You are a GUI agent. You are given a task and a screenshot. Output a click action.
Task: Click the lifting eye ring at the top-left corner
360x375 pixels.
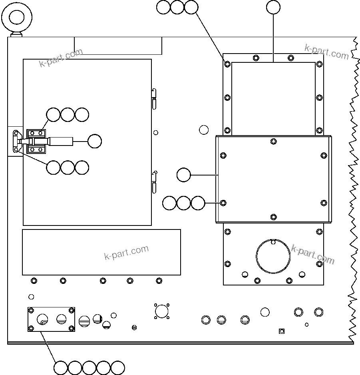pos(17,17)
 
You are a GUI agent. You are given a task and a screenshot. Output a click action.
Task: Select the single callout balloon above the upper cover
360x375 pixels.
pos(273,7)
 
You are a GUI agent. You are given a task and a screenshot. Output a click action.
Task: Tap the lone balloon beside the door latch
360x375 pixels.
pos(95,141)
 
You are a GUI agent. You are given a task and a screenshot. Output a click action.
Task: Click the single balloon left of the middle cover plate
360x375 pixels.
pos(184,175)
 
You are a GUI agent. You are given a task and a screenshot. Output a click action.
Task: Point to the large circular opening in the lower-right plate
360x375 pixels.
pos(273,256)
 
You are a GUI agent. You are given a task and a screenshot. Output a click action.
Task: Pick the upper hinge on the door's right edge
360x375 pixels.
pos(154,98)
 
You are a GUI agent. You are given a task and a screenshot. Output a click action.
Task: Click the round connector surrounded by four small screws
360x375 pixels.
pos(161,311)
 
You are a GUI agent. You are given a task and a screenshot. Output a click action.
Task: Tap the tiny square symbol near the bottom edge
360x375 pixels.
pos(281,331)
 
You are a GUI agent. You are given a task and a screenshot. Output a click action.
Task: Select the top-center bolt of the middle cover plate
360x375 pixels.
pos(273,141)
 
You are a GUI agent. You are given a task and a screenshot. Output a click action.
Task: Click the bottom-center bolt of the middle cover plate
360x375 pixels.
pos(273,217)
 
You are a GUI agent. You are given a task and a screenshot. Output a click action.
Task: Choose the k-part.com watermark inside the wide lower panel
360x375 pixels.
pos(126,252)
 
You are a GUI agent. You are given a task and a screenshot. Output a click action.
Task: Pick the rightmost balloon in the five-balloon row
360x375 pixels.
pos(118,367)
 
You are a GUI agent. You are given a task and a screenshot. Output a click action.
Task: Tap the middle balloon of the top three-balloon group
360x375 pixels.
pos(177,7)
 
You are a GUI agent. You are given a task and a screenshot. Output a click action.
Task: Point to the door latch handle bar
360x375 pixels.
pos(60,141)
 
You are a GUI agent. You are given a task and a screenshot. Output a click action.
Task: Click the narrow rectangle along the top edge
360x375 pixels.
pos(118,46)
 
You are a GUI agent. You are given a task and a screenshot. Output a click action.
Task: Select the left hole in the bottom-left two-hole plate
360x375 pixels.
pos(42,319)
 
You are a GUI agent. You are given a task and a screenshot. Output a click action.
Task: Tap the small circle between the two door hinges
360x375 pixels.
pos(156,133)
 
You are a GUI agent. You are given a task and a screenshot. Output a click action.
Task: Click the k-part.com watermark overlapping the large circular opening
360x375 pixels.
pos(312,254)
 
